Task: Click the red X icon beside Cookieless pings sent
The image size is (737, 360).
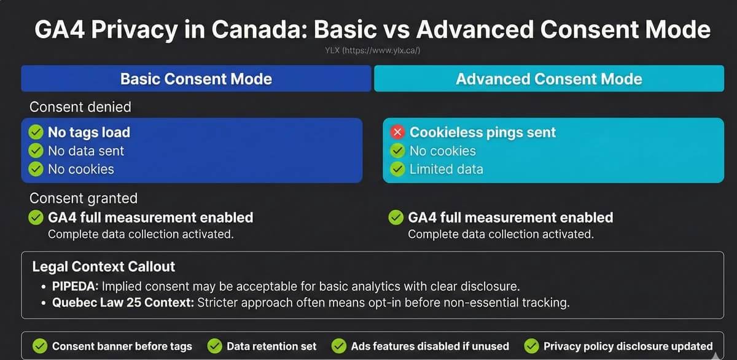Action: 397,132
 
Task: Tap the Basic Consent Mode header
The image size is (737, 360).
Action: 196,79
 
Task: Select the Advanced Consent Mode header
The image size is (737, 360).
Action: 548,79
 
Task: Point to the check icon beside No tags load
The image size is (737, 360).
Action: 36,132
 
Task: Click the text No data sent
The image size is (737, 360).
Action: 86,151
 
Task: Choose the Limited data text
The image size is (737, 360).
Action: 446,169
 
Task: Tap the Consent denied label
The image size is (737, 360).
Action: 80,107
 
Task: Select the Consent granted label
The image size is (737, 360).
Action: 84,198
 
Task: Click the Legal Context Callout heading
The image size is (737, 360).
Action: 104,267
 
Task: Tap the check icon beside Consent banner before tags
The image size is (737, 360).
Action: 40,346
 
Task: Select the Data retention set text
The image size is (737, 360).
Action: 271,346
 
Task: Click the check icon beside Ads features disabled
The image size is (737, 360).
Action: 339,346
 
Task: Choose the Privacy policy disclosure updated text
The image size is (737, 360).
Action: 628,346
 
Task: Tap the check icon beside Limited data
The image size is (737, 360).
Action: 398,169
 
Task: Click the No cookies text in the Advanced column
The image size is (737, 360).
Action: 442,151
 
